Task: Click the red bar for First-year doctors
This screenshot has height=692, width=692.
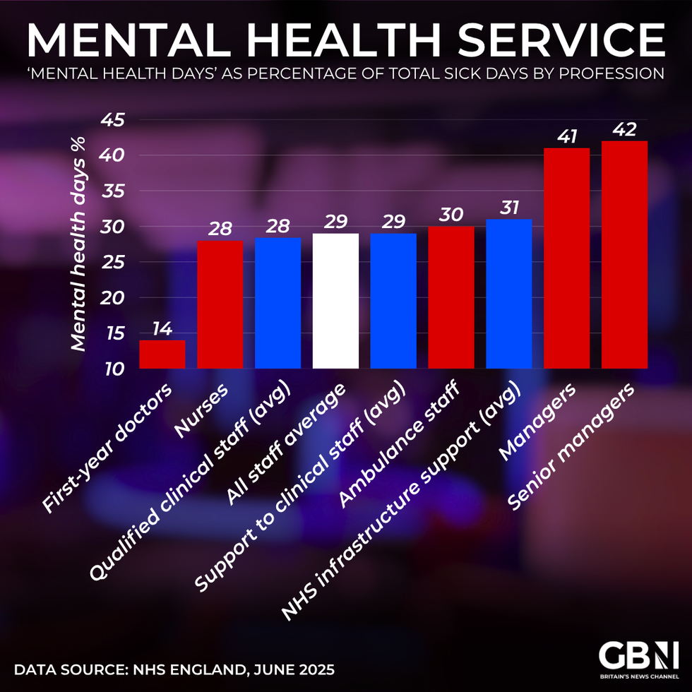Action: [x=162, y=354]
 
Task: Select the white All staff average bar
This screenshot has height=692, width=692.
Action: [x=335, y=301]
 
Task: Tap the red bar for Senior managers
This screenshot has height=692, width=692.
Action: [x=624, y=255]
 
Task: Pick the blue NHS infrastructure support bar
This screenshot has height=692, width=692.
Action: [x=509, y=294]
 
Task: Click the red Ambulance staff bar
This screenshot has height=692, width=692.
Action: [x=451, y=297]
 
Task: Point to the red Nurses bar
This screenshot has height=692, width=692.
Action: [x=220, y=304]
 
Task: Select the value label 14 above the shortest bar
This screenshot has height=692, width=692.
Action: [x=162, y=329]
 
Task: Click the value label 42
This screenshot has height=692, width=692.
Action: [x=624, y=129]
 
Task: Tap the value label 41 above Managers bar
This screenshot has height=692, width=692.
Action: [x=567, y=136]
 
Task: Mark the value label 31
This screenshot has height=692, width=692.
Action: [x=509, y=208]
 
